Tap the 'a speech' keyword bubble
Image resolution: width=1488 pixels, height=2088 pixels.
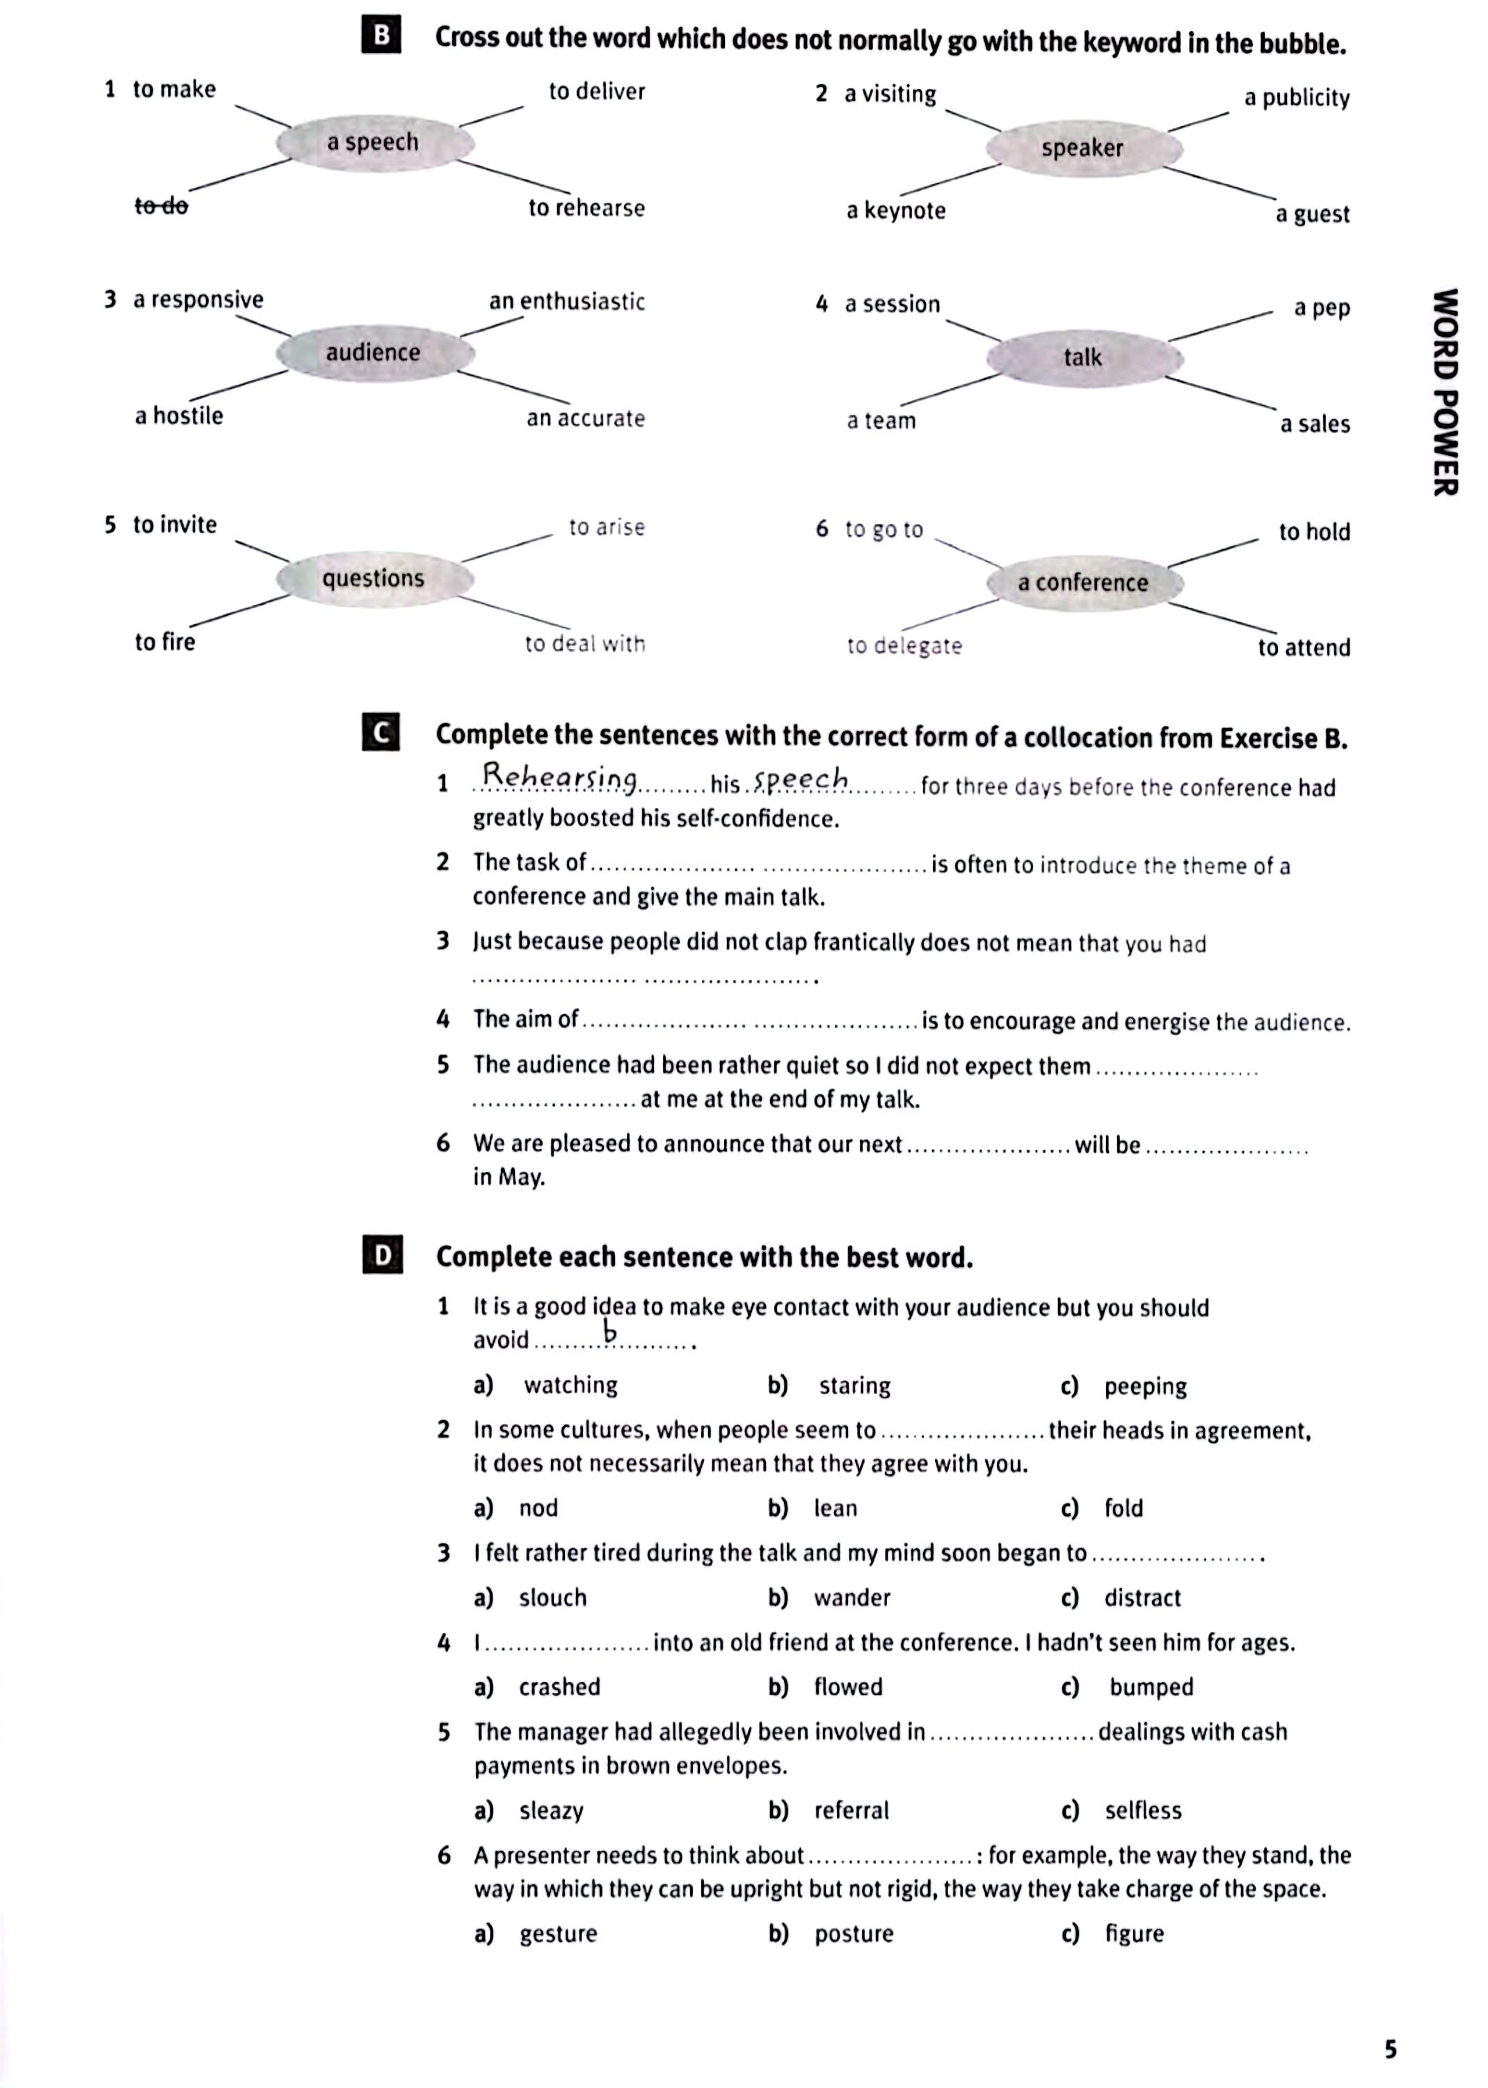tap(374, 143)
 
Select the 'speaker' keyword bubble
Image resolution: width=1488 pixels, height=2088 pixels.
tap(1083, 148)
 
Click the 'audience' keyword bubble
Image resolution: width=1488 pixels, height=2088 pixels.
tap(374, 353)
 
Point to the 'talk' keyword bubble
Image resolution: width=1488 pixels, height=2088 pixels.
tap(1083, 358)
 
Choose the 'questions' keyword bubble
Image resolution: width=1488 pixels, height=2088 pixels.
tap(374, 578)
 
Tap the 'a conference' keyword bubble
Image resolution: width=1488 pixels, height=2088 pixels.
tap(1083, 583)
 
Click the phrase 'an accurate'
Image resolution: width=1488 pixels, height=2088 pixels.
tap(586, 419)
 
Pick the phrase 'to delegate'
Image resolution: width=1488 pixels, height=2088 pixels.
tap(904, 646)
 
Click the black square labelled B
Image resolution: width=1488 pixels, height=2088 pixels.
tap(381, 37)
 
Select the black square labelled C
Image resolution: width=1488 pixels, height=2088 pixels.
tap(381, 734)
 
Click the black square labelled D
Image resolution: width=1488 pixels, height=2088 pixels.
tap(382, 1256)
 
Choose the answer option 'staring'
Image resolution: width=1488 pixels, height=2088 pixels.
tap(854, 1386)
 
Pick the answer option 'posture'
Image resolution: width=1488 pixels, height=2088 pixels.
tap(853, 1934)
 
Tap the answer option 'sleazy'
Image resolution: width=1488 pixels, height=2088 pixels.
tap(551, 1811)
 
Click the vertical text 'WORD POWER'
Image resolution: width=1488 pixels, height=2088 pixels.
tap(1445, 393)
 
